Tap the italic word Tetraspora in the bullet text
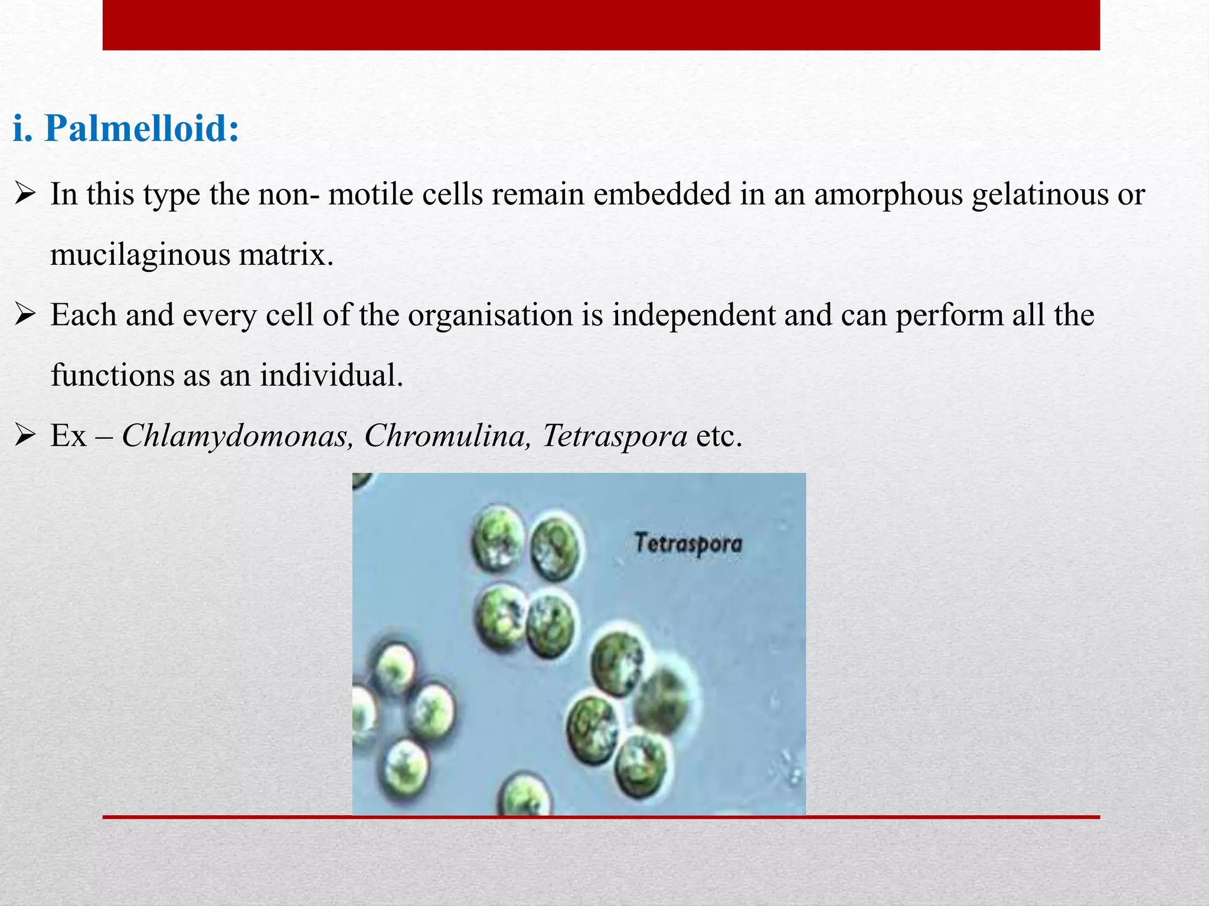(x=614, y=436)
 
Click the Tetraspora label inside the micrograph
(x=688, y=543)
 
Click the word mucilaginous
(x=139, y=255)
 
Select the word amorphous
(x=888, y=195)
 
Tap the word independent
(x=693, y=316)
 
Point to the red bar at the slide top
(x=601, y=25)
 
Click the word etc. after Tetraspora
(x=718, y=436)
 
